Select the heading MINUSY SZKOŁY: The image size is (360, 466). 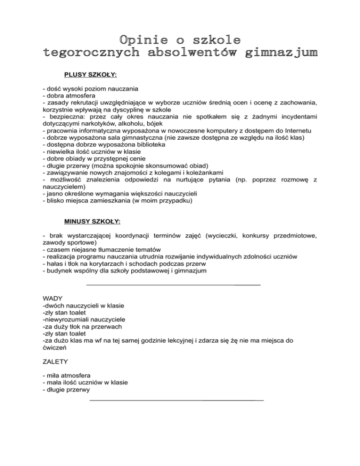pyautogui.click(x=92, y=220)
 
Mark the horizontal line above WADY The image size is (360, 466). pyautogui.click(x=174, y=285)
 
